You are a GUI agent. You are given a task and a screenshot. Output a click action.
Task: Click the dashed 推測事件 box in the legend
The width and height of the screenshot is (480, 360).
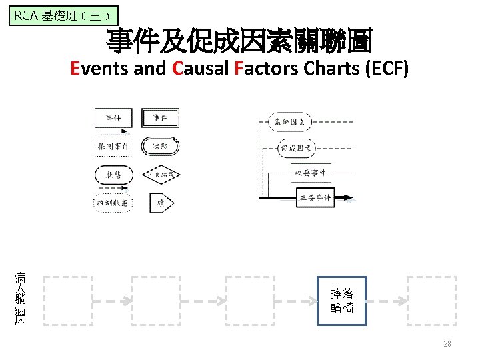114,145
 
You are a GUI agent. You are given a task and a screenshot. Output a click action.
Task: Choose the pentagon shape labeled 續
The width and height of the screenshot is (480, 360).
160,203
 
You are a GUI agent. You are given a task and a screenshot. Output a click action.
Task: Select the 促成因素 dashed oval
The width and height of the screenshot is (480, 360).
295,147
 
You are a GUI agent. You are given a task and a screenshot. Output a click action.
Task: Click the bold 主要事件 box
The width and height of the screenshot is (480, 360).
314,197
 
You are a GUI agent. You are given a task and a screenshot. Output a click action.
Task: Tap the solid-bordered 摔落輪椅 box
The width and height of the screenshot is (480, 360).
342,301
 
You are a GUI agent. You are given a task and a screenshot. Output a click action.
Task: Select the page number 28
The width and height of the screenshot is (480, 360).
447,344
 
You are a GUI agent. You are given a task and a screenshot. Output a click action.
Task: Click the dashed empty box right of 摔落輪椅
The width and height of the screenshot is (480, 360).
431,301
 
